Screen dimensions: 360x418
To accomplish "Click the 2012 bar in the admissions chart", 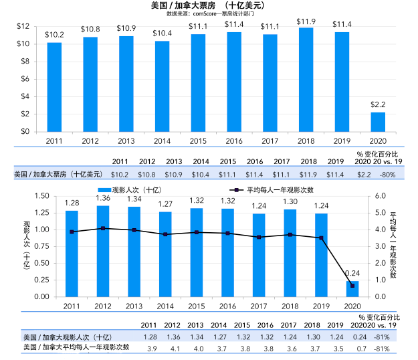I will click(103, 251).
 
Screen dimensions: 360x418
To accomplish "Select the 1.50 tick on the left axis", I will click(41, 195).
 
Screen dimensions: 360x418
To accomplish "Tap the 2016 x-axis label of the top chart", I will click(233, 141).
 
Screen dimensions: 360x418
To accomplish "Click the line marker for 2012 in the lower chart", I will click(103, 228).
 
